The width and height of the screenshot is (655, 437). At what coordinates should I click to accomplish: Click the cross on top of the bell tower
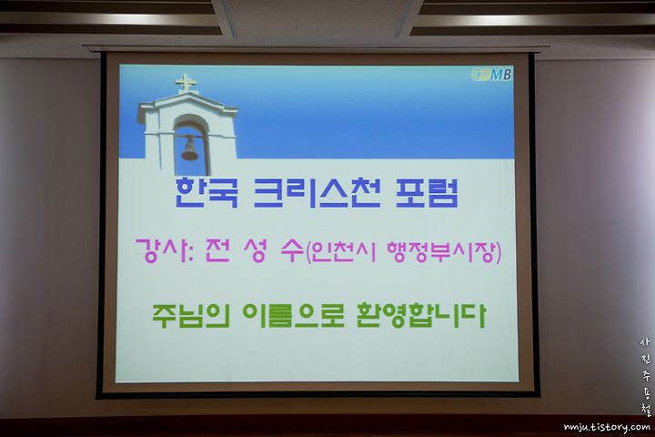coord(186,83)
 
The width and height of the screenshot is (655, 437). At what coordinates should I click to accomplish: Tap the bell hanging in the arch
coord(189,149)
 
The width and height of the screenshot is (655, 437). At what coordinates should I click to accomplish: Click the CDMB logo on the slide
coord(491,75)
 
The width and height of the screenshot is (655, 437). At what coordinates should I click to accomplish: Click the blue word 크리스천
coord(317,193)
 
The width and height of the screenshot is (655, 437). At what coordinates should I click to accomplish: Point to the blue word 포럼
coord(427,193)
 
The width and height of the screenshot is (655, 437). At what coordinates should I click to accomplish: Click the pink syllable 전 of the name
coord(217,250)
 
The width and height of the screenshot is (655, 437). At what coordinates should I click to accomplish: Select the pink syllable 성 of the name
coord(255,250)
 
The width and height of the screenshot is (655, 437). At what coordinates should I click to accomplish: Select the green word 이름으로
coord(294,315)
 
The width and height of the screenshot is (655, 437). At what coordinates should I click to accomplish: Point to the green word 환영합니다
coord(421,315)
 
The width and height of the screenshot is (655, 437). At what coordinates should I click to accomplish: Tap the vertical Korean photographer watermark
coord(645,376)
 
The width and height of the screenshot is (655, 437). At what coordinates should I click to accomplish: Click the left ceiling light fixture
coord(111,18)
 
